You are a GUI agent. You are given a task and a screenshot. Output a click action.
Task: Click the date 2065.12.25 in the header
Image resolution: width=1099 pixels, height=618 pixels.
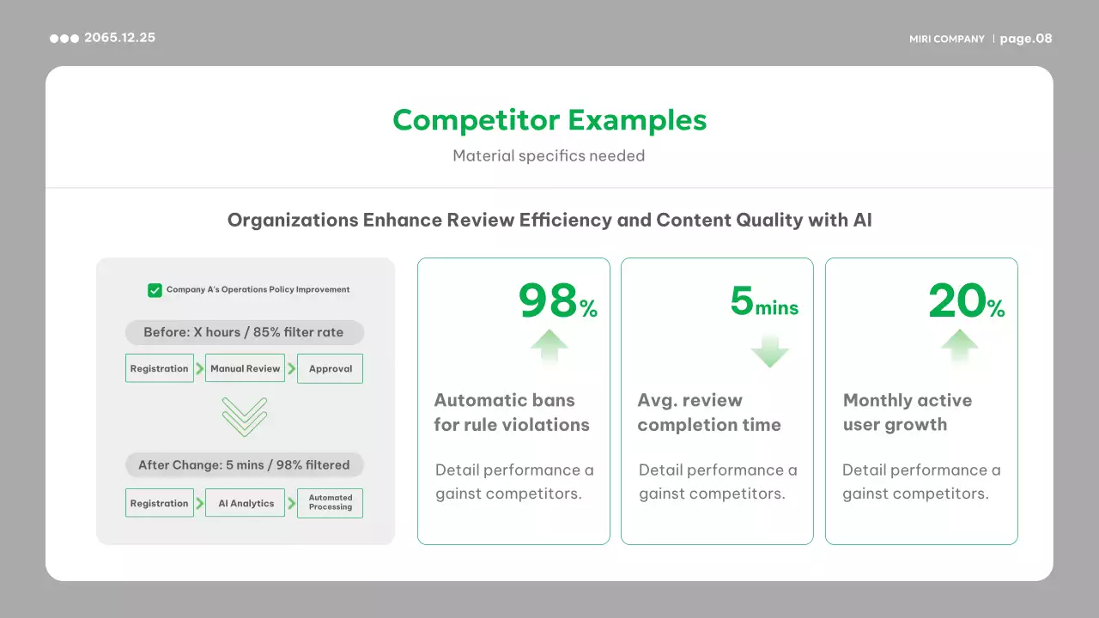119,38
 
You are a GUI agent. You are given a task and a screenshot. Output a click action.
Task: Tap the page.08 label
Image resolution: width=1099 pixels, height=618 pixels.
1026,39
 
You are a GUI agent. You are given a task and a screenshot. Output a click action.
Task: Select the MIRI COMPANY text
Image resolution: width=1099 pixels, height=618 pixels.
947,39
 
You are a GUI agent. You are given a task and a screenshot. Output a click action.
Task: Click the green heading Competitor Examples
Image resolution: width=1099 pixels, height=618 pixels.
549,120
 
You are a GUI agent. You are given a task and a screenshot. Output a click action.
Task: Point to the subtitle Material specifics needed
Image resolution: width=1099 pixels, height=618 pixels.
549,156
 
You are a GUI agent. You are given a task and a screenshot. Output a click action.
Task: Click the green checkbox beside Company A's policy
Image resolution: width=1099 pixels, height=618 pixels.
155,290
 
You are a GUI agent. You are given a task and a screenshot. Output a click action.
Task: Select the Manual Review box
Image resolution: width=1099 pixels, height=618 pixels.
245,368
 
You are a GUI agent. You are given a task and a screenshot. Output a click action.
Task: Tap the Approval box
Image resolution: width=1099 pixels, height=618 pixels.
331,368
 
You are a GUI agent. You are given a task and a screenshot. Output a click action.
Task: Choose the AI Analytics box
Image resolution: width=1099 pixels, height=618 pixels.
245,503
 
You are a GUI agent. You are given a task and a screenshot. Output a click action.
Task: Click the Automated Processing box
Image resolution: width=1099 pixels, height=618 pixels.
331,503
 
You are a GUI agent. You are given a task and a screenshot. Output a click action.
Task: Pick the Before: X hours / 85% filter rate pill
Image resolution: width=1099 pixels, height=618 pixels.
245,332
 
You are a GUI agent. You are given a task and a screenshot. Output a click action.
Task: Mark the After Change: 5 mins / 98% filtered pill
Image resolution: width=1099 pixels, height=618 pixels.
245,465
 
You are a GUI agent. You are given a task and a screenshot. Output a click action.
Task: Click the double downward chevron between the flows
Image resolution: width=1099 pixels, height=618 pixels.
245,417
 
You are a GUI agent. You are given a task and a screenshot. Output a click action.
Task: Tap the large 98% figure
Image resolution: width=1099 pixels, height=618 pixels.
558,300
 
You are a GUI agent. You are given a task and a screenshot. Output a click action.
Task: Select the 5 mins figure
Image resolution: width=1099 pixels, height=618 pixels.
764,301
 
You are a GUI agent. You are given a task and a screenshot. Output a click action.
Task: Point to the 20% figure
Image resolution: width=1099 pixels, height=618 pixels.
967,300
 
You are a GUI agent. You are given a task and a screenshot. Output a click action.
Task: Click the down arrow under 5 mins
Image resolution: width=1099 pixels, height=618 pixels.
769,351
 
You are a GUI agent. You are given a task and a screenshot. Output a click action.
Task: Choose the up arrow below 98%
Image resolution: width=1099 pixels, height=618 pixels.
549,347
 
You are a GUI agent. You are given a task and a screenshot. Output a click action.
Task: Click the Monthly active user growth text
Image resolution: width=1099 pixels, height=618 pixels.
908,413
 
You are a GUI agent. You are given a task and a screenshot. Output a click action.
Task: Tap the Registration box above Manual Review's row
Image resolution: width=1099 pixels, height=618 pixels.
160,368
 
